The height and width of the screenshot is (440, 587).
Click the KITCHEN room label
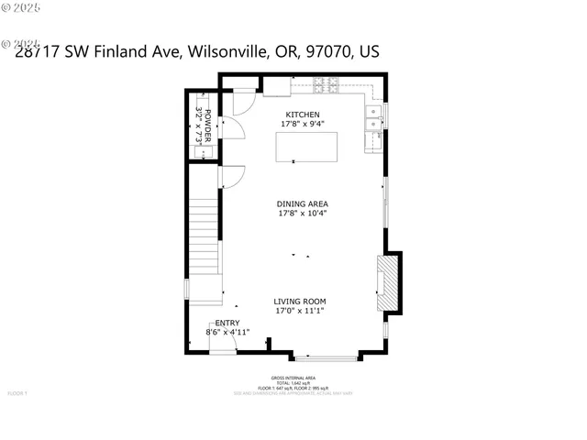point(302,114)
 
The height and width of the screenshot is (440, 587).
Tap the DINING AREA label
point(303,203)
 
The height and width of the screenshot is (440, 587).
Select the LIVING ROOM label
point(300,301)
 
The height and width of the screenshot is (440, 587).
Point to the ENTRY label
point(227,323)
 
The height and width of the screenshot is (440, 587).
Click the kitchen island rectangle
point(306,148)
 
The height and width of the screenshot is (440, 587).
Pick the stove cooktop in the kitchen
point(326,87)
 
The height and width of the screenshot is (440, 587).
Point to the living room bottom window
point(326,358)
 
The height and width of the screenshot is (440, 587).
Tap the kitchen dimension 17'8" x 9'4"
point(302,124)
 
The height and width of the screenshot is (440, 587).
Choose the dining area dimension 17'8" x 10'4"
point(303,214)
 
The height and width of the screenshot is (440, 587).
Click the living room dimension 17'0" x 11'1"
point(300,311)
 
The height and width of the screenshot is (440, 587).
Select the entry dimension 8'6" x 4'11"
point(227,332)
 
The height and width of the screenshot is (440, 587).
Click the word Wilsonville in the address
point(227,52)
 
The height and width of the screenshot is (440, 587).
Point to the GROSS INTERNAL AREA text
point(293,378)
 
